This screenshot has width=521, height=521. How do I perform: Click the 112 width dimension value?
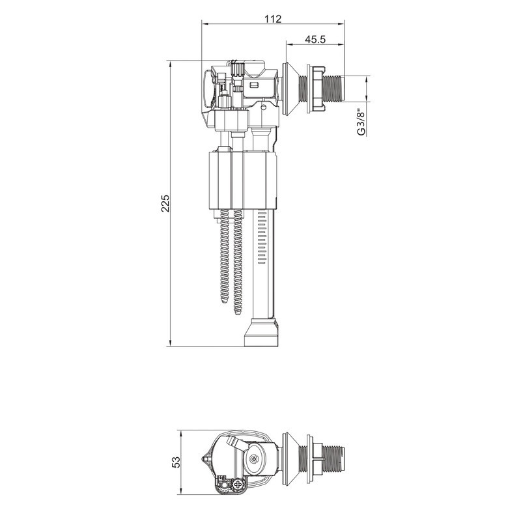[274, 19]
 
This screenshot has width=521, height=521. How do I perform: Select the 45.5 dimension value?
[315, 40]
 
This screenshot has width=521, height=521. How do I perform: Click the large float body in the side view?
[242, 179]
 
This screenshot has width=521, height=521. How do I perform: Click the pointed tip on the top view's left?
[204, 459]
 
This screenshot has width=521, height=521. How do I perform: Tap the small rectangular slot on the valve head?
[254, 84]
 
